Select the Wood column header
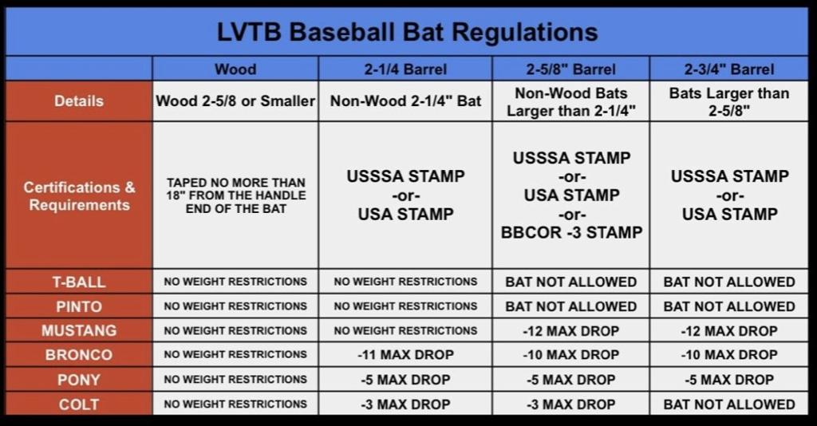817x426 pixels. point(235,69)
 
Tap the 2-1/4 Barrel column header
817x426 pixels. point(405,69)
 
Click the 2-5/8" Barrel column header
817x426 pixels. point(570,69)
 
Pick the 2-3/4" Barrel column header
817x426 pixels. point(729,69)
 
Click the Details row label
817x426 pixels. point(78,101)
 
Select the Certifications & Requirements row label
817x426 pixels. point(78,195)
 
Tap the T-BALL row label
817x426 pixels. point(78,282)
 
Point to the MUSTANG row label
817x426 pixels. point(78,330)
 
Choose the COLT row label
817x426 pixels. point(78,404)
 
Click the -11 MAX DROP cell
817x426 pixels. point(405,355)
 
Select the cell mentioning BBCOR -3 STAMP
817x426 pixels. point(570,195)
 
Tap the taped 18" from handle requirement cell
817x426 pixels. point(235,195)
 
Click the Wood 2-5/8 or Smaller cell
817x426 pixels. point(235,101)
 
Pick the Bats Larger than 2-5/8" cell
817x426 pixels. point(729,101)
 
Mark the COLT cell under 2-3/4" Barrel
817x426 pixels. point(729,404)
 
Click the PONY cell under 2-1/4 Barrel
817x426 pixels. point(405,380)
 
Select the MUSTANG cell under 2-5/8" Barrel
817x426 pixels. point(570,330)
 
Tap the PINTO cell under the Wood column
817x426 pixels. point(235,306)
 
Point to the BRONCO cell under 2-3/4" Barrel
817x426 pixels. point(729,355)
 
